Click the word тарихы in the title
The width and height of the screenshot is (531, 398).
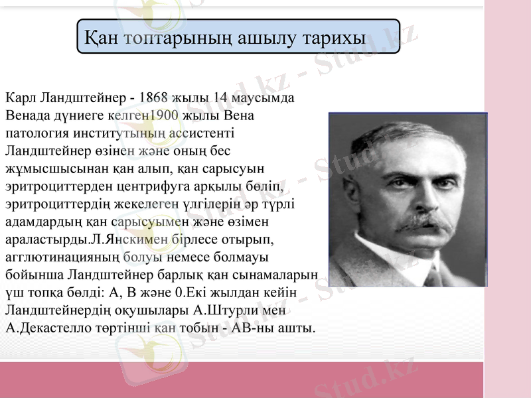(333, 38)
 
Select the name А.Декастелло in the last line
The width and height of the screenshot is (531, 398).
(44, 328)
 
